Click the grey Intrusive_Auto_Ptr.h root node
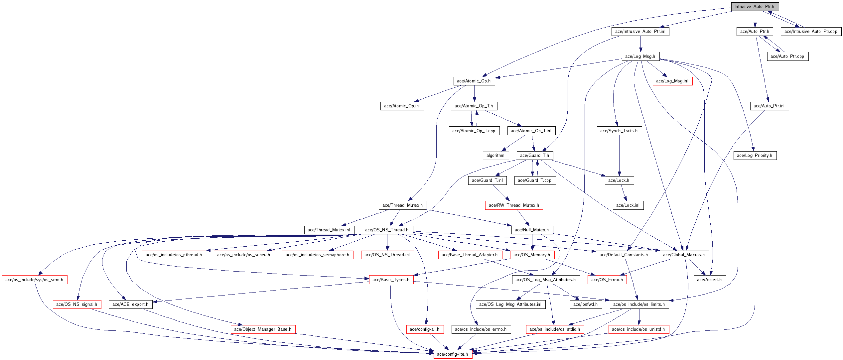click(755, 7)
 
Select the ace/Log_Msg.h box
click(640, 57)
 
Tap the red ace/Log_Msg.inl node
click(672, 81)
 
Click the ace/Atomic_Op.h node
click(474, 81)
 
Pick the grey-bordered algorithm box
click(495, 156)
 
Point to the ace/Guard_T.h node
click(535, 156)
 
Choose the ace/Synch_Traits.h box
click(619, 131)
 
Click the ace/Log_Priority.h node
click(755, 156)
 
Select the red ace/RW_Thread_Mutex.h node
click(514, 205)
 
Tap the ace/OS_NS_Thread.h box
click(387, 230)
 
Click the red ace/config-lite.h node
click(453, 354)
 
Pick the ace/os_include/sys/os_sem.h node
click(35, 280)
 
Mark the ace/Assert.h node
click(710, 280)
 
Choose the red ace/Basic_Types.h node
click(391, 280)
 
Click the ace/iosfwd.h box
click(586, 304)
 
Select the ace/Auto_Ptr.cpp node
click(787, 57)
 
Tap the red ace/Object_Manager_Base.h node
click(263, 329)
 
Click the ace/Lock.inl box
click(628, 205)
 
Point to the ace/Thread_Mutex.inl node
click(329, 230)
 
